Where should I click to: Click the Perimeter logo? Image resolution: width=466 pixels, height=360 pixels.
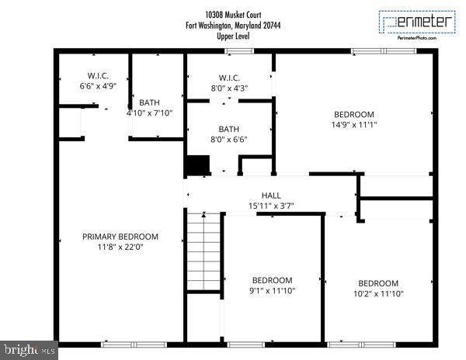pyautogui.click(x=416, y=22)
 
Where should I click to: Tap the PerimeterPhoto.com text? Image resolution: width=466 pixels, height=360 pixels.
pyautogui.click(x=417, y=36)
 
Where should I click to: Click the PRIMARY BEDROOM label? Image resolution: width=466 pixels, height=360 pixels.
pyautogui.click(x=120, y=237)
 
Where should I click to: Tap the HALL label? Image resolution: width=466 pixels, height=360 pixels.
pyautogui.click(x=270, y=196)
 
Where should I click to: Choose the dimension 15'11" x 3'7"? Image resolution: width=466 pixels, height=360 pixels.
pyautogui.click(x=270, y=206)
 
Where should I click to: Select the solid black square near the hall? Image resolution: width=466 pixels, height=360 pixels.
pyautogui.click(x=197, y=166)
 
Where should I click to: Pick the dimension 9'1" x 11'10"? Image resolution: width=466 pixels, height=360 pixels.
pyautogui.click(x=272, y=290)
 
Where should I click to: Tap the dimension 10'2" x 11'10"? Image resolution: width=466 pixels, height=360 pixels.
pyautogui.click(x=377, y=293)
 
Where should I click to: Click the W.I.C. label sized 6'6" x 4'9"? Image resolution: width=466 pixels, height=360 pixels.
pyautogui.click(x=97, y=76)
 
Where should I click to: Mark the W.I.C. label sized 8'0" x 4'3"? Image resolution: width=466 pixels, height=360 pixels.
pyautogui.click(x=229, y=78)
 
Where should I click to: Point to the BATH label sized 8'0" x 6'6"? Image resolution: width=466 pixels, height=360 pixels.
pyautogui.click(x=228, y=130)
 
